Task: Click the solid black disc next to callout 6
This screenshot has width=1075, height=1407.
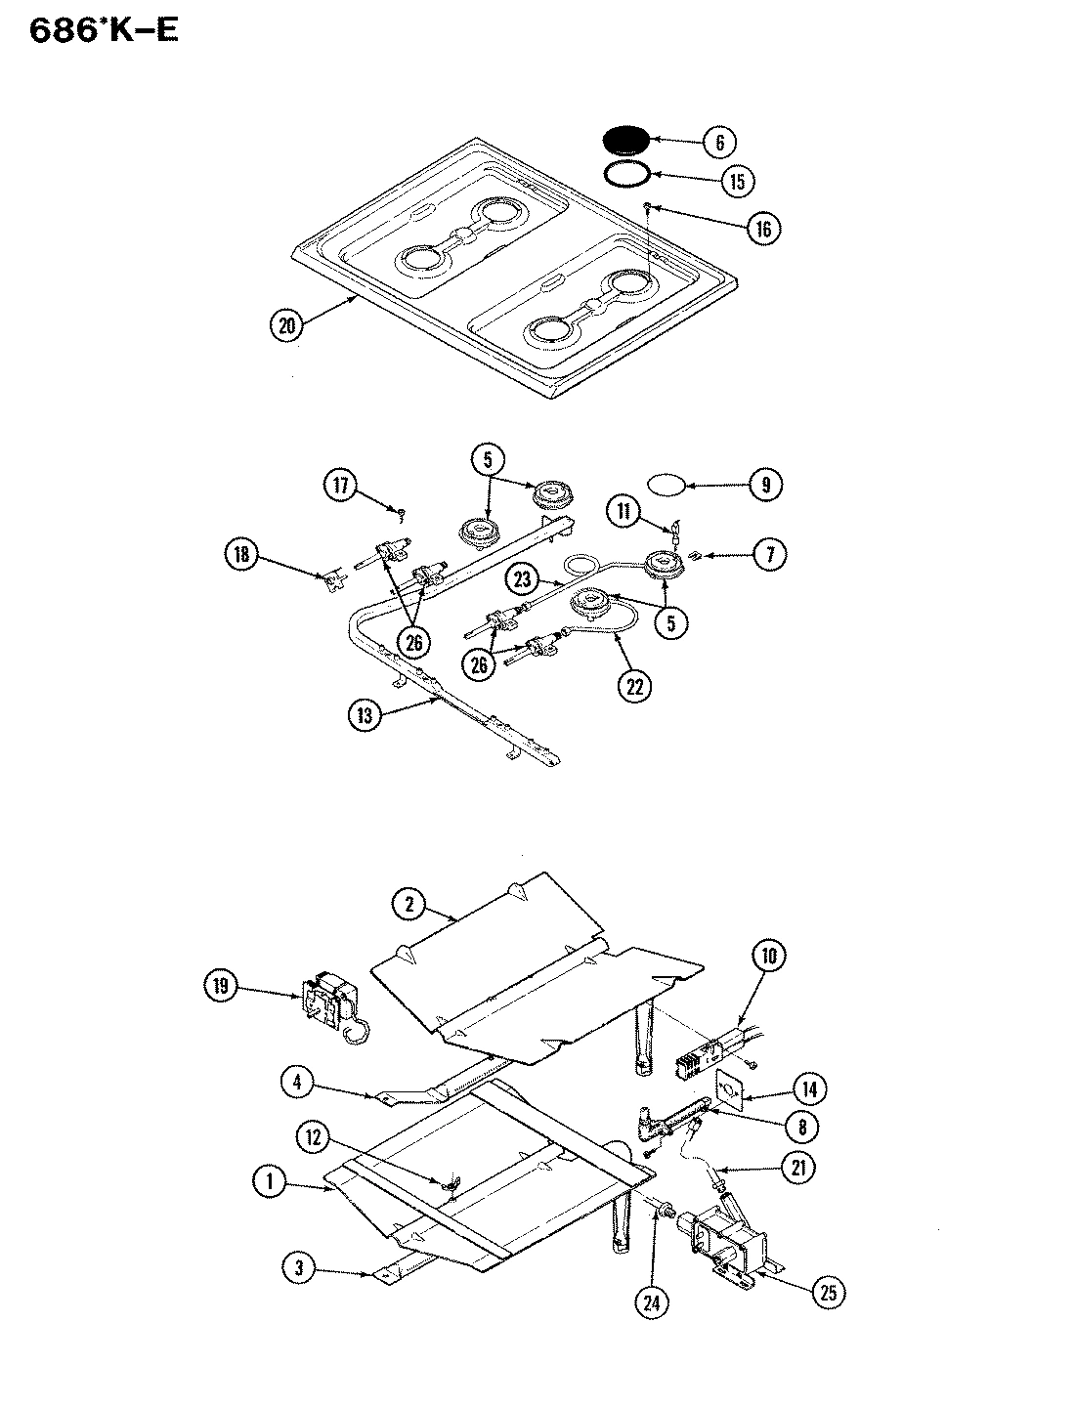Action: tap(626, 140)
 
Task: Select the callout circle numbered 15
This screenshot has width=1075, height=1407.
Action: tap(738, 181)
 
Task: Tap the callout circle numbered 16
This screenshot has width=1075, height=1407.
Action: tap(764, 229)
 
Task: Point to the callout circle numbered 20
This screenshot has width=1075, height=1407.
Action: tap(286, 326)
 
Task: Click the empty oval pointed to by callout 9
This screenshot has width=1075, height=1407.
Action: tap(666, 483)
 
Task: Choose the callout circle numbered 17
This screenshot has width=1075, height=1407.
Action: tap(340, 486)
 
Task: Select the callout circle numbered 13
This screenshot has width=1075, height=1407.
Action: tap(365, 715)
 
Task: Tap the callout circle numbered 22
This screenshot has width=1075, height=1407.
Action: tap(635, 686)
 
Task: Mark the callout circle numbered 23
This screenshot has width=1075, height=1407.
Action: tap(523, 578)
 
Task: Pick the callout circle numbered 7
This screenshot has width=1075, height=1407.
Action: tap(769, 555)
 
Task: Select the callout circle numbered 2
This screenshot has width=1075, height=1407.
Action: tap(410, 906)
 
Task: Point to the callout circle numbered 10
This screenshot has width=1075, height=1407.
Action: tap(768, 956)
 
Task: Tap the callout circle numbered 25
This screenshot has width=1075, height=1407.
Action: tap(827, 1294)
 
